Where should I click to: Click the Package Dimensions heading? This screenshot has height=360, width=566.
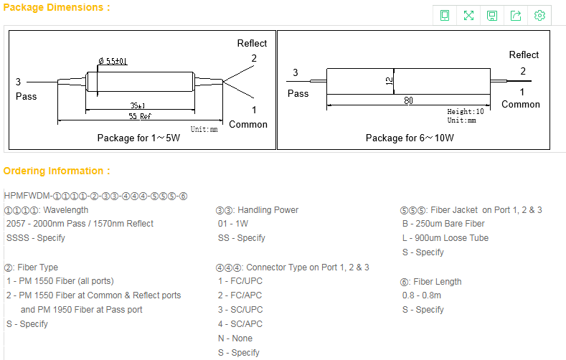[x=57, y=8]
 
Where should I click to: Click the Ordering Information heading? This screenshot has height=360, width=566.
[x=57, y=171]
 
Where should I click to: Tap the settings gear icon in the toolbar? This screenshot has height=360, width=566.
[x=539, y=16]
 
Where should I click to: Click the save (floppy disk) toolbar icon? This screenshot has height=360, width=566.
[x=492, y=16]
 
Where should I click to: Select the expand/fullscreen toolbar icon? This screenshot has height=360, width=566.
[x=468, y=16]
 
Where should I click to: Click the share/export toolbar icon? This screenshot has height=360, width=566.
[x=516, y=16]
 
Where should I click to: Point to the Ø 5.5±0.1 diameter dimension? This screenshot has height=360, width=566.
[x=113, y=62]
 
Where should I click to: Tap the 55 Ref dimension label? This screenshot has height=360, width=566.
[x=140, y=115]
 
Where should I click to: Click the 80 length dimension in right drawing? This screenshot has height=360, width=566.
[x=408, y=101]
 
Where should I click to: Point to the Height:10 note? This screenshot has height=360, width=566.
[x=466, y=112]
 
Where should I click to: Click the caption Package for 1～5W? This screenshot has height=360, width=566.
[x=138, y=138]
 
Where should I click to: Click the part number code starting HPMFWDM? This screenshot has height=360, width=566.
[x=95, y=196]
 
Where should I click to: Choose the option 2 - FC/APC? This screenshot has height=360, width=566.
[x=242, y=295]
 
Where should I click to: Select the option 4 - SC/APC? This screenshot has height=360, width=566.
[x=242, y=324]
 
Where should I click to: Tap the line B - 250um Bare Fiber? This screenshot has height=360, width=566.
[x=443, y=224]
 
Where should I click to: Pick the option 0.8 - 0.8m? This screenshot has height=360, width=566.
[x=422, y=295]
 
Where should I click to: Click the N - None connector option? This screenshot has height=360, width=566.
[x=235, y=338]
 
